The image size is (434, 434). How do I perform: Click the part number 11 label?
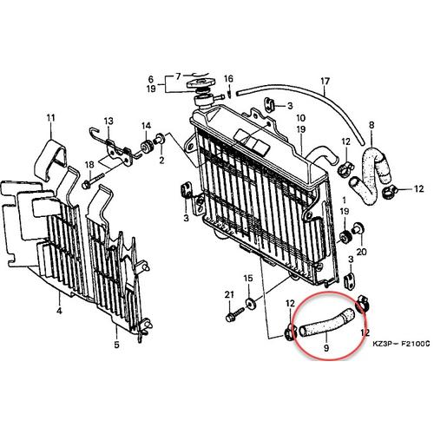51,118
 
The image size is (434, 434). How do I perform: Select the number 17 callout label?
325,82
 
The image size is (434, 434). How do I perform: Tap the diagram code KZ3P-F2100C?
401,344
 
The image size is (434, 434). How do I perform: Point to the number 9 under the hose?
326,348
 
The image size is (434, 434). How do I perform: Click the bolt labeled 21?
234,316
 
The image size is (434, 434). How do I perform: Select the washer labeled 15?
249,304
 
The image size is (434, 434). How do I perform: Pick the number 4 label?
59,311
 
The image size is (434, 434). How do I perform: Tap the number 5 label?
116,345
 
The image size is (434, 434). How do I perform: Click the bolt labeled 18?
93,180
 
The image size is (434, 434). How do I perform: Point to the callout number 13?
108,121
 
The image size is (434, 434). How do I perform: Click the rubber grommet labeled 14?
147,145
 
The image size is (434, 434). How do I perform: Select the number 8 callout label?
372,125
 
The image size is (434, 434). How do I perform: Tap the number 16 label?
228,78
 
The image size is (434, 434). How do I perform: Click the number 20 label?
361,252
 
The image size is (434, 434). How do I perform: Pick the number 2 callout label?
161,160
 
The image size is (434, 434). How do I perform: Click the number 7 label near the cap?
178,76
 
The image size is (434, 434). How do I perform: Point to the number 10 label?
301,118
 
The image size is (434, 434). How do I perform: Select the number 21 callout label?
229,295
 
